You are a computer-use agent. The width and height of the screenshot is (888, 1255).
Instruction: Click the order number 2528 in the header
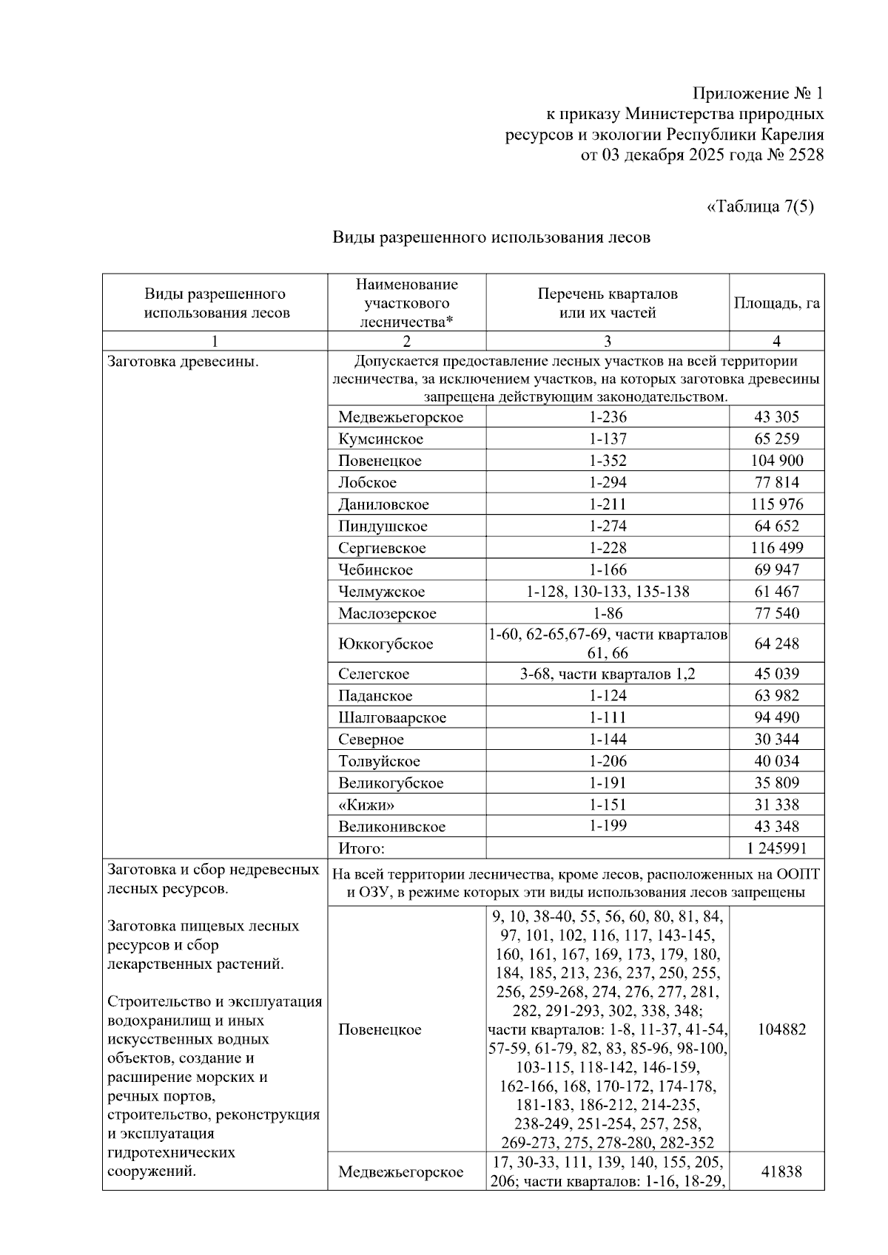pos(801,155)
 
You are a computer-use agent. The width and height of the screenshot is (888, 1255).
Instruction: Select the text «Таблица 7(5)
pos(760,206)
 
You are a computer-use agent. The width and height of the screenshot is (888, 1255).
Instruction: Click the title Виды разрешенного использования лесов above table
pos(491,237)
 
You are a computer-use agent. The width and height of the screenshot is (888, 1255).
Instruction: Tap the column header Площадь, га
pos(776,303)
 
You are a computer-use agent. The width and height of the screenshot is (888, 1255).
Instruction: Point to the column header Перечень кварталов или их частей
pos(607,303)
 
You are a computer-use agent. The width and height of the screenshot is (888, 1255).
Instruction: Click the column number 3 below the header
pos(608,341)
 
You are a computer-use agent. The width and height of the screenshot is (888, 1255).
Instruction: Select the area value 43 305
pos(776,417)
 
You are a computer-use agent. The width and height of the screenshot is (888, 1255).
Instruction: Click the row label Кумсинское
pos(380,439)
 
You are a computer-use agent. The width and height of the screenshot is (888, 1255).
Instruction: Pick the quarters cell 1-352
pos(608,461)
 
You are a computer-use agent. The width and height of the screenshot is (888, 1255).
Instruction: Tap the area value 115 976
pos(776,504)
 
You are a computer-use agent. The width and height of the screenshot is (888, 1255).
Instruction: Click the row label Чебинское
pos(375,570)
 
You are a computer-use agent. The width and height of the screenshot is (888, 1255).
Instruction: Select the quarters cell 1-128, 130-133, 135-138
pos(608,592)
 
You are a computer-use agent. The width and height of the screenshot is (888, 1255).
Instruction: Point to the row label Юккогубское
pos(385,644)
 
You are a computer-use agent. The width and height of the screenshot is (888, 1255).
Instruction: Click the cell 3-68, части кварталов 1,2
pos(608,674)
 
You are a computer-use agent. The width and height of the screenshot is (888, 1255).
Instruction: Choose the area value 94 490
pos(776,717)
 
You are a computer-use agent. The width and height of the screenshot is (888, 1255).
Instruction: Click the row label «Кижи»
pos(366,805)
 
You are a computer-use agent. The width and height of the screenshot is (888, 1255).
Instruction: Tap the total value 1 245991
pos(776,848)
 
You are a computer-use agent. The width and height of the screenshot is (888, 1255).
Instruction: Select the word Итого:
pos(361,849)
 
